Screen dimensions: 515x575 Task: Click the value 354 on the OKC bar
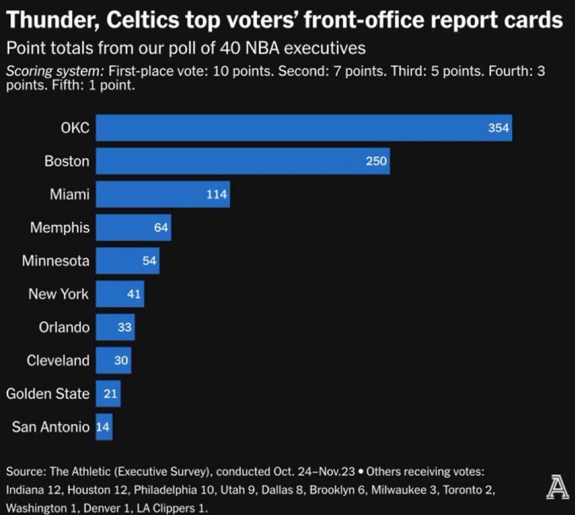(x=498, y=128)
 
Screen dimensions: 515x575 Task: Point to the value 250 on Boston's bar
(x=377, y=161)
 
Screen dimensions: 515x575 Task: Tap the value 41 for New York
(x=134, y=294)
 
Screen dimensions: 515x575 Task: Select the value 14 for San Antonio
(x=104, y=427)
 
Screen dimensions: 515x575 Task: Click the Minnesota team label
(x=56, y=261)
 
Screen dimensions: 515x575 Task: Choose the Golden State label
(x=47, y=394)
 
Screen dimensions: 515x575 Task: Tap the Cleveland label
(x=58, y=361)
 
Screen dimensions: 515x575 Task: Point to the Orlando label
(x=64, y=328)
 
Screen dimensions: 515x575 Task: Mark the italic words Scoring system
(x=54, y=71)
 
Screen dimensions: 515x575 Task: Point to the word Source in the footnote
(x=22, y=472)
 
